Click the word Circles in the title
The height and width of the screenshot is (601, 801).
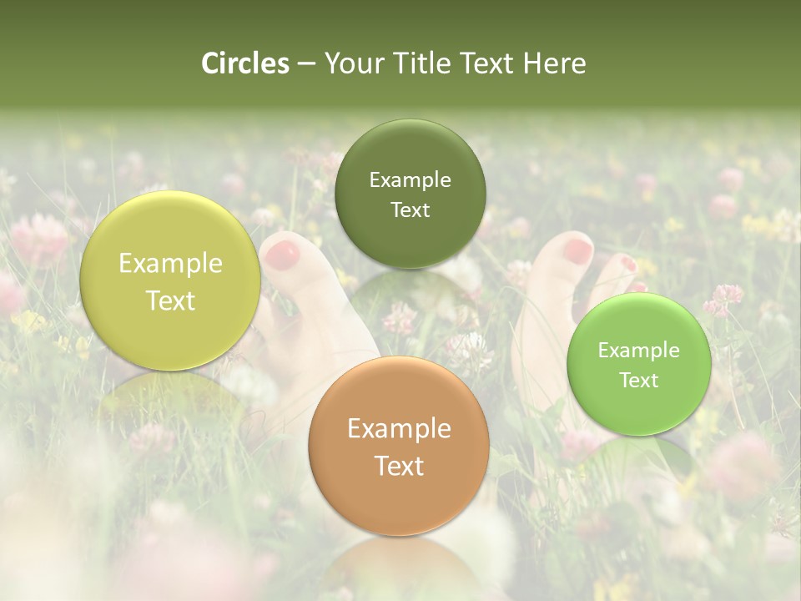(244, 63)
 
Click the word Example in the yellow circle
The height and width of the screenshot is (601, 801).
(170, 264)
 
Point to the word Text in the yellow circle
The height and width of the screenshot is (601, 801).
(170, 300)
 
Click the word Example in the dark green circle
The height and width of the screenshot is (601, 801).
(410, 180)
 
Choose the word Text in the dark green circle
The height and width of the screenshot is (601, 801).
(410, 210)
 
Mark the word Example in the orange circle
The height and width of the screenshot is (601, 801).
(399, 429)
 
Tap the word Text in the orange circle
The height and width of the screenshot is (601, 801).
(399, 466)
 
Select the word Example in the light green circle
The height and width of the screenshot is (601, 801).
(639, 351)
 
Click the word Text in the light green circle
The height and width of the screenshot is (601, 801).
(639, 380)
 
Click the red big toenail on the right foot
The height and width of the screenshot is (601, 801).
(577, 249)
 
